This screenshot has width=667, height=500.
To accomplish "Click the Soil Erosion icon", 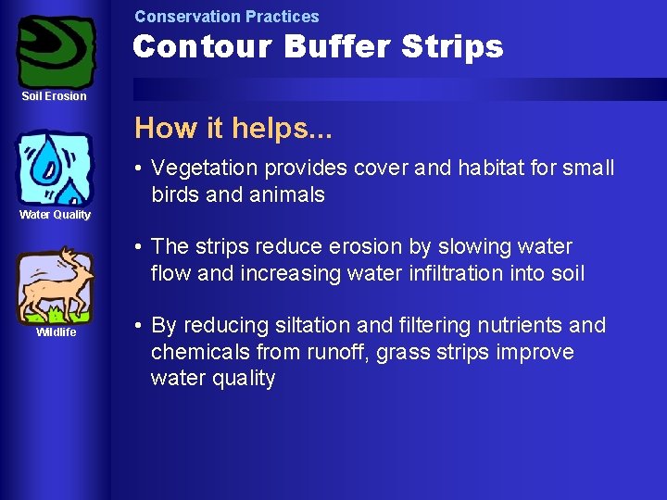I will pyautogui.click(x=57, y=51).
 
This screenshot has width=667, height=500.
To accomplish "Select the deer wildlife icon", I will pyautogui.click(x=55, y=284).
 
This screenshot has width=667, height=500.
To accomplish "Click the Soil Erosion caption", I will pyautogui.click(x=55, y=96).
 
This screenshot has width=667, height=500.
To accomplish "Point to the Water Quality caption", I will pyautogui.click(x=56, y=215).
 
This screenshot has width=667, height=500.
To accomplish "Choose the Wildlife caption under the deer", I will pyautogui.click(x=56, y=332).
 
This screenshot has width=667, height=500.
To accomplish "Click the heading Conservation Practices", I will pyautogui.click(x=226, y=17).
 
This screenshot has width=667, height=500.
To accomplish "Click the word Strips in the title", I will pyautogui.click(x=455, y=46).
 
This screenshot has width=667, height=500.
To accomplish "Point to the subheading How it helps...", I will pyautogui.click(x=233, y=128).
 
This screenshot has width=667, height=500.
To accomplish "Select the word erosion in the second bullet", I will pyautogui.click(x=342, y=247).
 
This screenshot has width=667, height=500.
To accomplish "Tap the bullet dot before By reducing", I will pyautogui.click(x=136, y=326).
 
